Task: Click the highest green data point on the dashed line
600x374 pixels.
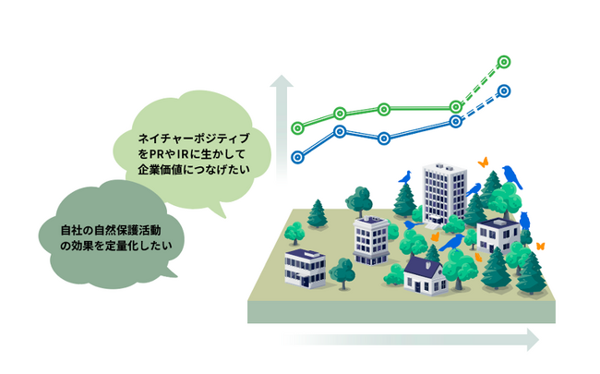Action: (x=504, y=62)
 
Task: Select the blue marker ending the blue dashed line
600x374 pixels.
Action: (x=504, y=91)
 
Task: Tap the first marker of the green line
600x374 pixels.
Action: (x=298, y=127)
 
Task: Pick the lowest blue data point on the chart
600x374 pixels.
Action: (x=298, y=157)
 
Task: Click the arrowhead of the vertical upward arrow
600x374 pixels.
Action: (x=282, y=80)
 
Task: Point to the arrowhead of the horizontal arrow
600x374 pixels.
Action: (x=533, y=340)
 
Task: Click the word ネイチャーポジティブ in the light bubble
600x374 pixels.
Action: (x=194, y=138)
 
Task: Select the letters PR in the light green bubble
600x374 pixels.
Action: (x=157, y=154)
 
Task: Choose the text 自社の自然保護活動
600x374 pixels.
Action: (x=111, y=230)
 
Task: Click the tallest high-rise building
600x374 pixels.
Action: (x=444, y=193)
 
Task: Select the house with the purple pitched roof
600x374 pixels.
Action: (x=425, y=275)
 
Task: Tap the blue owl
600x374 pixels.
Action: (x=524, y=221)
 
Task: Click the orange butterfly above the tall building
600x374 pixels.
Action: (x=484, y=163)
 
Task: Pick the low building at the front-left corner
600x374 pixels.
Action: (x=305, y=268)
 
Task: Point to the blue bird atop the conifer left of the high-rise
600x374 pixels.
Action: (x=405, y=177)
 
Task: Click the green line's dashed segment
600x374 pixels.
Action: (x=480, y=84)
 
